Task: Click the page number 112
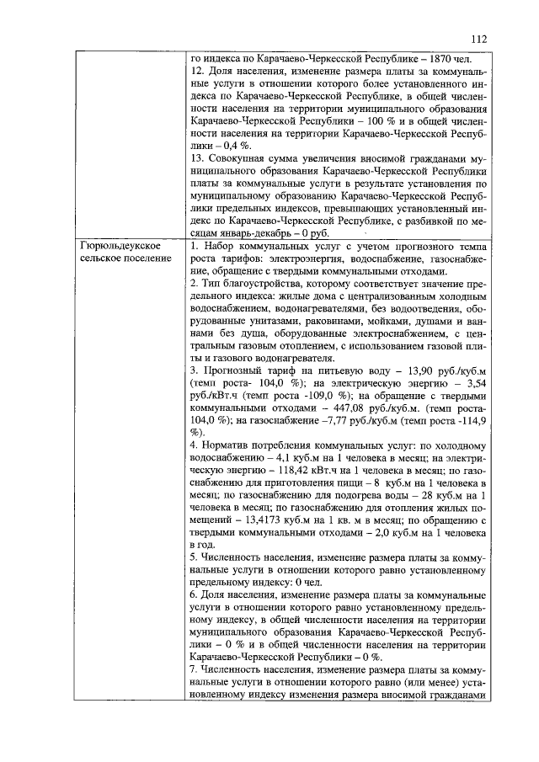(x=479, y=39)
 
